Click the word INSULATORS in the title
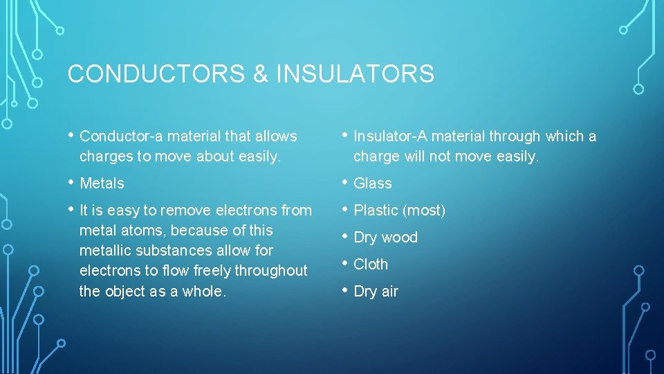pos(355,74)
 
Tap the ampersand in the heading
pos(260,74)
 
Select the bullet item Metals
pos(102,184)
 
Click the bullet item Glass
pos(372,184)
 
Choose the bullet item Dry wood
pos(385,238)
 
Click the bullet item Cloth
pos(371,265)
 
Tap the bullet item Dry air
pos(376,292)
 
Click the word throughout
pos(273,271)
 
